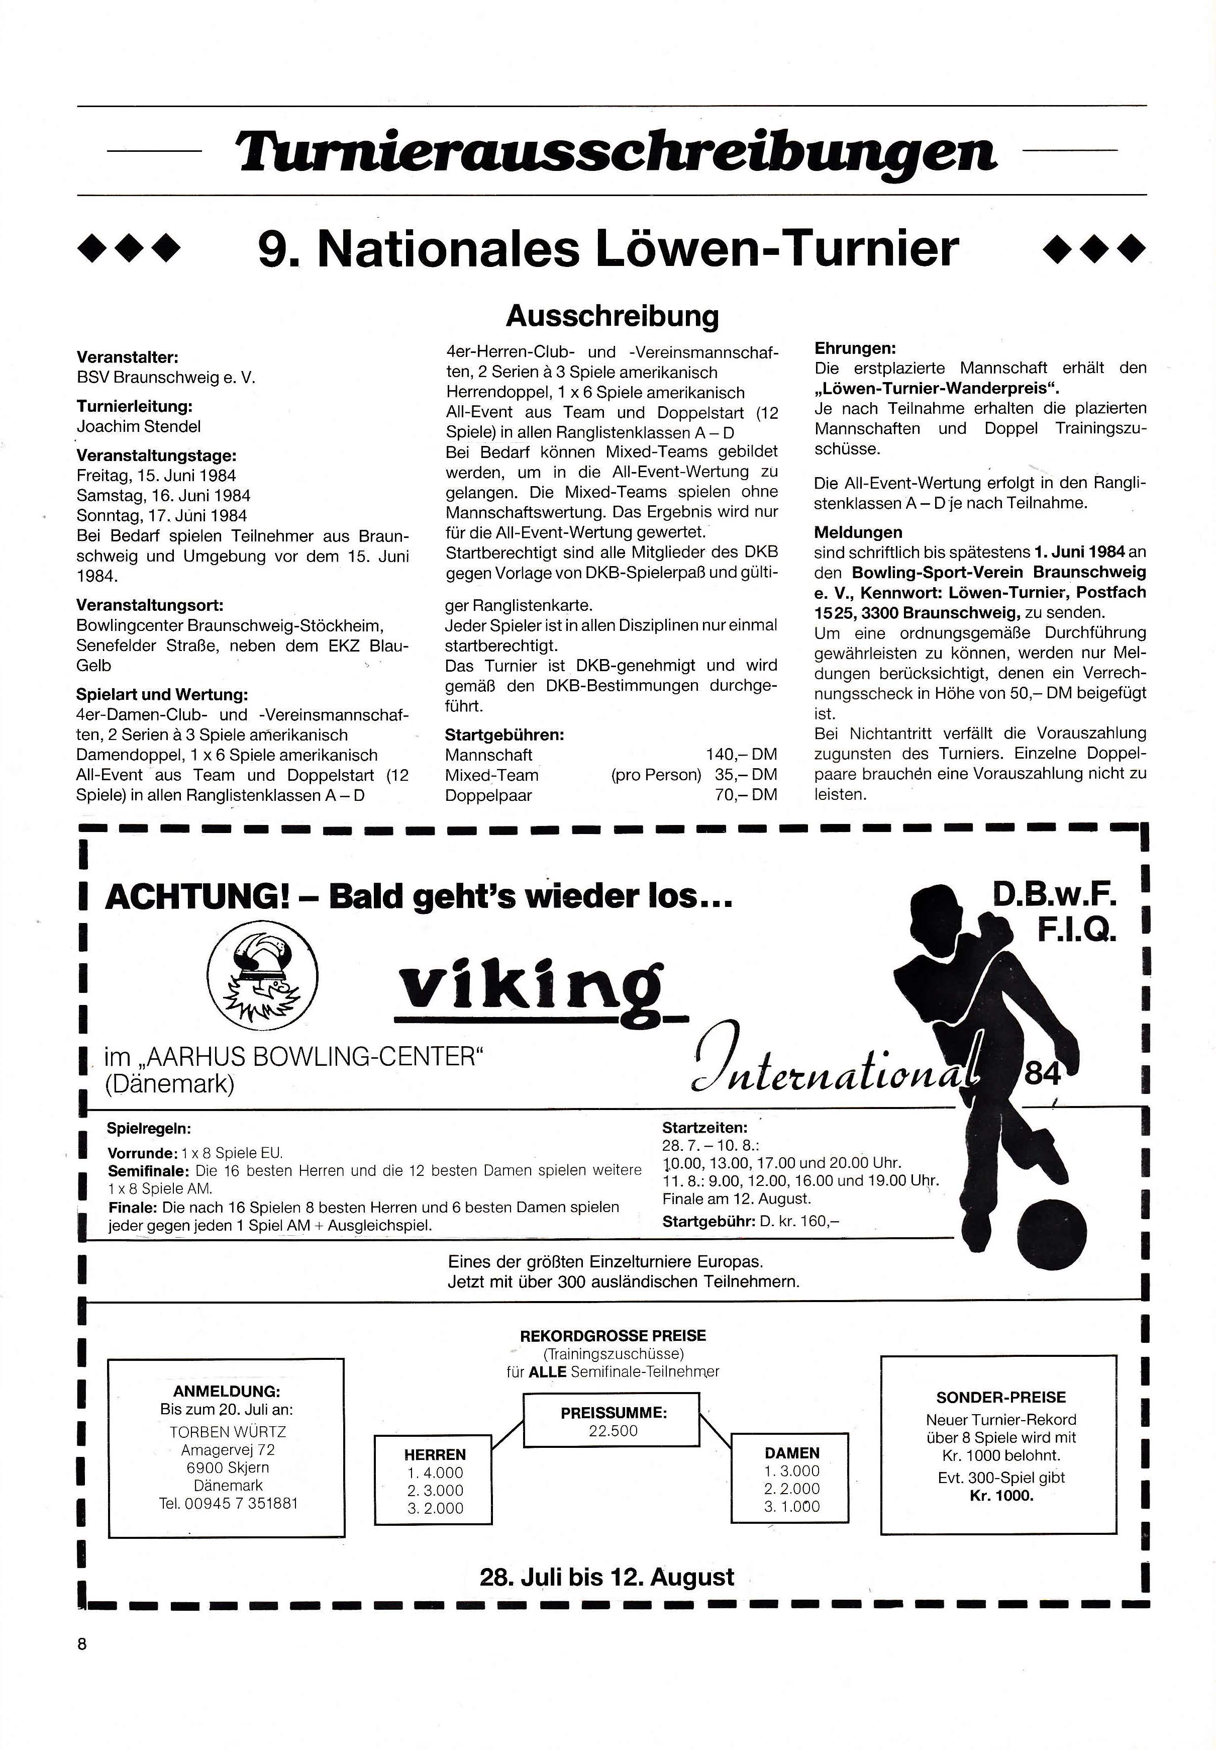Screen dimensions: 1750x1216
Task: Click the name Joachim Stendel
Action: pyautogui.click(x=139, y=427)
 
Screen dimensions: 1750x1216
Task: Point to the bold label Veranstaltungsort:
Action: pyautogui.click(x=149, y=605)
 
